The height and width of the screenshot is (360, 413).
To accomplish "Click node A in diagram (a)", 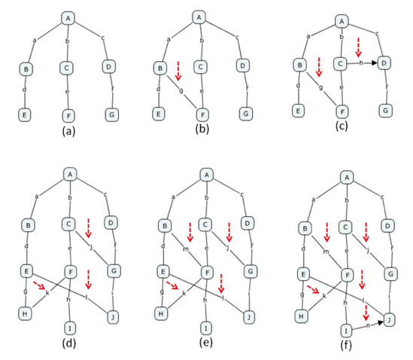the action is click(68, 19).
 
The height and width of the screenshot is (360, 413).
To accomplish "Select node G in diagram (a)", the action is click(111, 114).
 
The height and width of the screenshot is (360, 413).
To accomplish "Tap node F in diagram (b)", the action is click(203, 115).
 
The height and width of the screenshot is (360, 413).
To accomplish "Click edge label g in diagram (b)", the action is click(181, 90).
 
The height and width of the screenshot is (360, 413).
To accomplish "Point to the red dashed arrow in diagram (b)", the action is click(178, 71).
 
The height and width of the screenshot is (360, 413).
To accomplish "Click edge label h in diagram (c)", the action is click(361, 63).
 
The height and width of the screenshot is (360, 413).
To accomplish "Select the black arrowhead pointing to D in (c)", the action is click(375, 63).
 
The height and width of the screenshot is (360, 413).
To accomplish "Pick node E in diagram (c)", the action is click(298, 111).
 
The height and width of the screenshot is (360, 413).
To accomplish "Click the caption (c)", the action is click(342, 126).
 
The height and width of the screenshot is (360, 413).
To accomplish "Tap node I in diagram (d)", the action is click(70, 328).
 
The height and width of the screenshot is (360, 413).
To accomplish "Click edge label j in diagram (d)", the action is click(91, 247).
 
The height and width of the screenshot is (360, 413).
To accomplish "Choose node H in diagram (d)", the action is click(25, 313).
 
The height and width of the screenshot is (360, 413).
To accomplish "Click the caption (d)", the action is click(69, 343).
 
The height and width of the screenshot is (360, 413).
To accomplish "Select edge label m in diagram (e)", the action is click(186, 249).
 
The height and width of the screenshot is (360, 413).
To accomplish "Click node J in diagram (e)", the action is click(248, 317).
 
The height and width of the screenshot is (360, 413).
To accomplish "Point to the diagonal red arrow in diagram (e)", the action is click(173, 285).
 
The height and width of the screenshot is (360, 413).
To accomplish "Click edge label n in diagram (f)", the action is click(368, 325).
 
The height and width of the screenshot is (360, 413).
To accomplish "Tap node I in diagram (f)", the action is click(346, 331).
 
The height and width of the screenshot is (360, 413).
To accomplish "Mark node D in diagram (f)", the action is click(387, 226).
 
